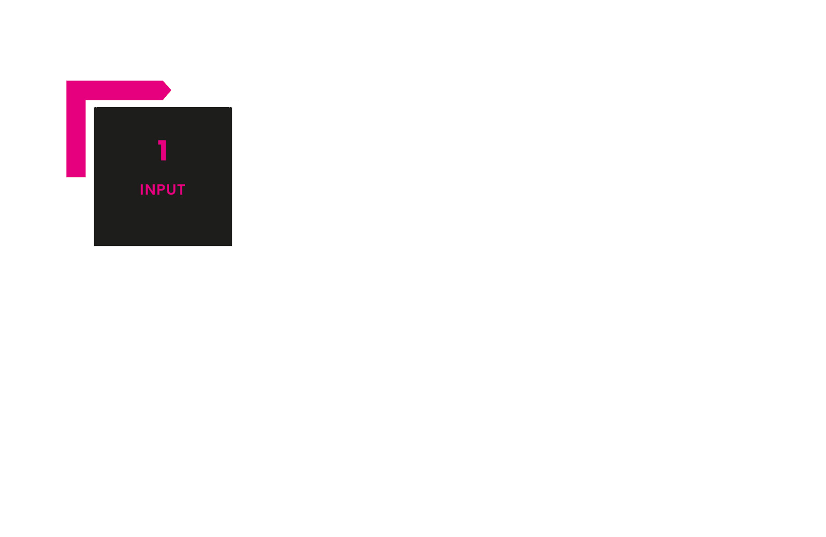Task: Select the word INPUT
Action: pyautogui.click(x=162, y=190)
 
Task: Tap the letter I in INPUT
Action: pyautogui.click(x=142, y=190)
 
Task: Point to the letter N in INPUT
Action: pyautogui.click(x=150, y=190)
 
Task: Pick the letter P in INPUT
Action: pyautogui.click(x=161, y=190)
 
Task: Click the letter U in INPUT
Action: pyautogui.click(x=171, y=190)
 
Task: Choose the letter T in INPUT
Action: pyautogui.click(x=181, y=190)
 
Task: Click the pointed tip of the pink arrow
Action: pyautogui.click(x=171, y=90)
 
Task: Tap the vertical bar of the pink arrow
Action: pyautogui.click(x=76, y=138)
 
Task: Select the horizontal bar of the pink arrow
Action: pyautogui.click(x=118, y=90)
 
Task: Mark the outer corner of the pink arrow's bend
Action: pyautogui.click(x=67, y=81)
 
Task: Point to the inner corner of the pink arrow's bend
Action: pyautogui.click(x=86, y=100)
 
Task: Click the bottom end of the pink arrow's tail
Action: pyautogui.click(x=76, y=177)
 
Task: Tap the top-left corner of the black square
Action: pyautogui.click(x=94, y=108)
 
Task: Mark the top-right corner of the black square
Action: pyautogui.click(x=232, y=108)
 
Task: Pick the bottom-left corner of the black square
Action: pyautogui.click(x=94, y=245)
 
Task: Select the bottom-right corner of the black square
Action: pyautogui.click(x=232, y=245)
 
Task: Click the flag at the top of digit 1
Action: pyautogui.click(x=160, y=142)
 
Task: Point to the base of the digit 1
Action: pyautogui.click(x=164, y=160)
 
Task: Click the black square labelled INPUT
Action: pyautogui.click(x=163, y=222)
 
